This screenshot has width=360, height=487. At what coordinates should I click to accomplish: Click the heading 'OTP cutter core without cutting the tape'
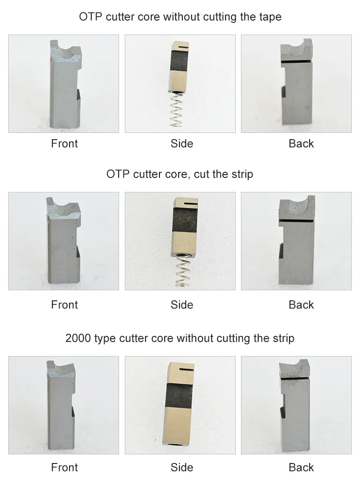pos(180,17)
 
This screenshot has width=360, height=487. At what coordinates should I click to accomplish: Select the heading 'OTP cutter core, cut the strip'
pos(180,174)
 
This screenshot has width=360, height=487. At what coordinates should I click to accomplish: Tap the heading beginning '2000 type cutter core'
pos(180,338)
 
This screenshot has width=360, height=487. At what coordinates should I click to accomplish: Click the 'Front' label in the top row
pos(64,143)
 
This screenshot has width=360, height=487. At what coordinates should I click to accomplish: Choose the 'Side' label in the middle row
pos(182,305)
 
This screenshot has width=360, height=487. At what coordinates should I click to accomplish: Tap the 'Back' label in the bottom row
pos(301,467)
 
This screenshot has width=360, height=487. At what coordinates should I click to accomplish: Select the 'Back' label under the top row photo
pos(301,143)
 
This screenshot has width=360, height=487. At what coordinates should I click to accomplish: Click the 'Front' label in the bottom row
pos(64,467)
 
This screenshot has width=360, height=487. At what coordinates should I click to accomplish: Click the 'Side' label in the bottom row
pos(182,467)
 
